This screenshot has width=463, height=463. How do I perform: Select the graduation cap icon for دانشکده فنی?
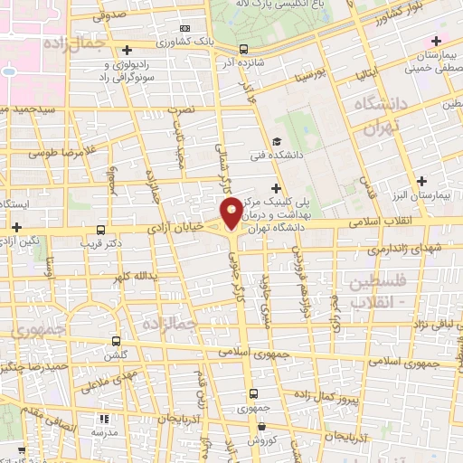[x=277, y=141]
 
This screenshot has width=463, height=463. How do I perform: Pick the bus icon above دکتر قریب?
[x=101, y=231]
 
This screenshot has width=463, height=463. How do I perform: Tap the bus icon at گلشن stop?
[x=116, y=342]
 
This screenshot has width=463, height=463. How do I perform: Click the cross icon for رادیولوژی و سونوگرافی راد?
[x=128, y=50]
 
